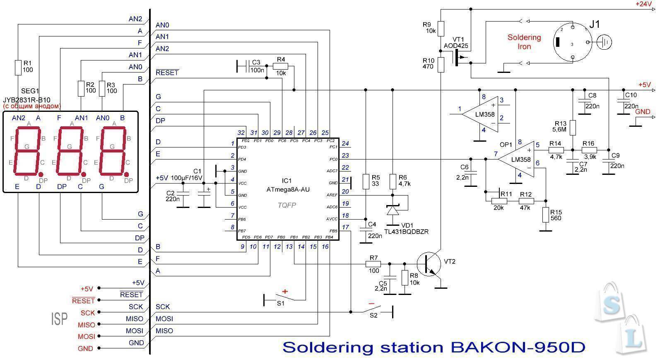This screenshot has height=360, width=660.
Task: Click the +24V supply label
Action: tap(644, 4)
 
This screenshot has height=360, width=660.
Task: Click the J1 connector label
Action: tap(594, 24)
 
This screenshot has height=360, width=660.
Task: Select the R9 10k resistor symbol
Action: tap(441, 28)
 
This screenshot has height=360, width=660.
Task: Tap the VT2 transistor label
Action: tap(449, 261)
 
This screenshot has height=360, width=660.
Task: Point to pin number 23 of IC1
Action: tap(345, 155)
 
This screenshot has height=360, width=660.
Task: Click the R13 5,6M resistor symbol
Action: tap(573, 128)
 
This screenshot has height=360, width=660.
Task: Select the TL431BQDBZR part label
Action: tap(406, 232)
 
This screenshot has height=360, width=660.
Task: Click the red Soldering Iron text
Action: tap(524, 42)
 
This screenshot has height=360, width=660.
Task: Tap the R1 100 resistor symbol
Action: tap(18, 68)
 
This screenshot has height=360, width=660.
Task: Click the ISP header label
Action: tap(59, 319)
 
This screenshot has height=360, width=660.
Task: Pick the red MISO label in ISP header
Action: tap(86, 325)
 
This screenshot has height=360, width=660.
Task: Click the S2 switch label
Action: tap(373, 315)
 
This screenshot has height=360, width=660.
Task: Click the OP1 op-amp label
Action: tap(506, 145)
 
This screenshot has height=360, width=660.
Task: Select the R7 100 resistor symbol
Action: tap(373, 263)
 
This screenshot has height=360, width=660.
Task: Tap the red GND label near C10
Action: tap(643, 112)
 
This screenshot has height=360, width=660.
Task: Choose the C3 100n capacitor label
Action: tap(256, 66)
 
